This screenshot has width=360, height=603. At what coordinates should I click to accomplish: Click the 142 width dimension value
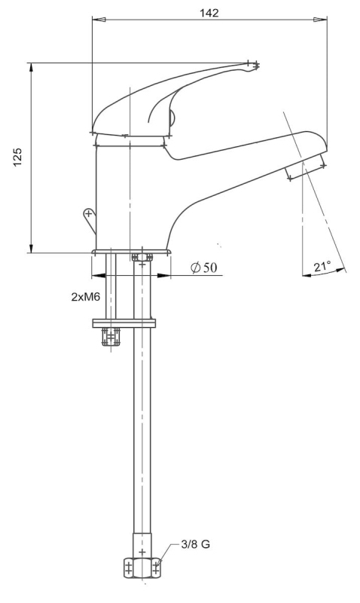[x=209, y=13]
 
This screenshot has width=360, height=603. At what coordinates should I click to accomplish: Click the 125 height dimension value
[x=18, y=157]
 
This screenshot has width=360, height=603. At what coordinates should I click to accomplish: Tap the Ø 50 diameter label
[x=204, y=267]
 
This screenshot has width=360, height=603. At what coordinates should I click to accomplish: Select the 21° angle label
[x=322, y=266]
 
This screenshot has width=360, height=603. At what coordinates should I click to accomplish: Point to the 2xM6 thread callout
[x=86, y=296]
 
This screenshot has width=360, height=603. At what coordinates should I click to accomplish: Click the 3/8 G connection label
[x=196, y=544]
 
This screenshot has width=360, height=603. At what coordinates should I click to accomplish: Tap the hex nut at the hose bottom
[x=142, y=568]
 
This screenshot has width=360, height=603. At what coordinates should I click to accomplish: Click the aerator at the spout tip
[x=306, y=167]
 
